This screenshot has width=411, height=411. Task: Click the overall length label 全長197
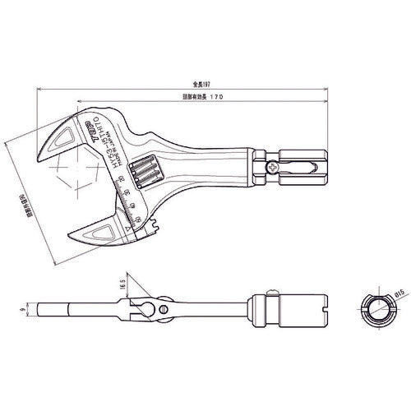(x=191, y=83)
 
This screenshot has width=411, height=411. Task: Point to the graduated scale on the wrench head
(x=130, y=204)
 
